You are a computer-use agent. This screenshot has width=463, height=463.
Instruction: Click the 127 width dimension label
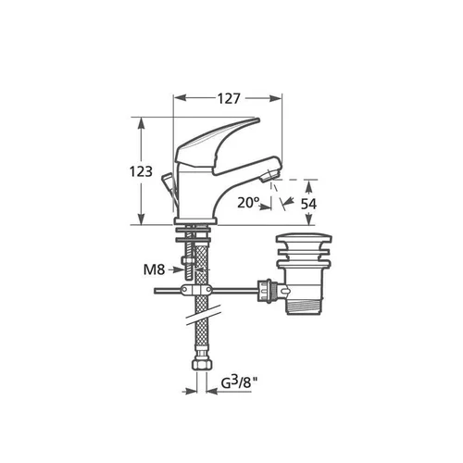point(229,98)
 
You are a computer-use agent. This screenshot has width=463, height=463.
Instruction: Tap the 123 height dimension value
point(141,171)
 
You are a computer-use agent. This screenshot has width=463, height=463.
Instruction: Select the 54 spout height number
point(308,204)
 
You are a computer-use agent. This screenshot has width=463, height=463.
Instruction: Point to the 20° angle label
point(248,203)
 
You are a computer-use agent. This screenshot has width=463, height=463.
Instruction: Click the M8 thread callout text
point(154,269)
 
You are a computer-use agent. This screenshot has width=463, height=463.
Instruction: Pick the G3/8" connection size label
point(240,382)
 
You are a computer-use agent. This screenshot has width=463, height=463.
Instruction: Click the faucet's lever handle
point(216,144)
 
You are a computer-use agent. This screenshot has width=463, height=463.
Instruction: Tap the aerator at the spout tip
point(269,175)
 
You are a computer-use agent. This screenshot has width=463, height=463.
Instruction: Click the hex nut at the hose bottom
point(201,362)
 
